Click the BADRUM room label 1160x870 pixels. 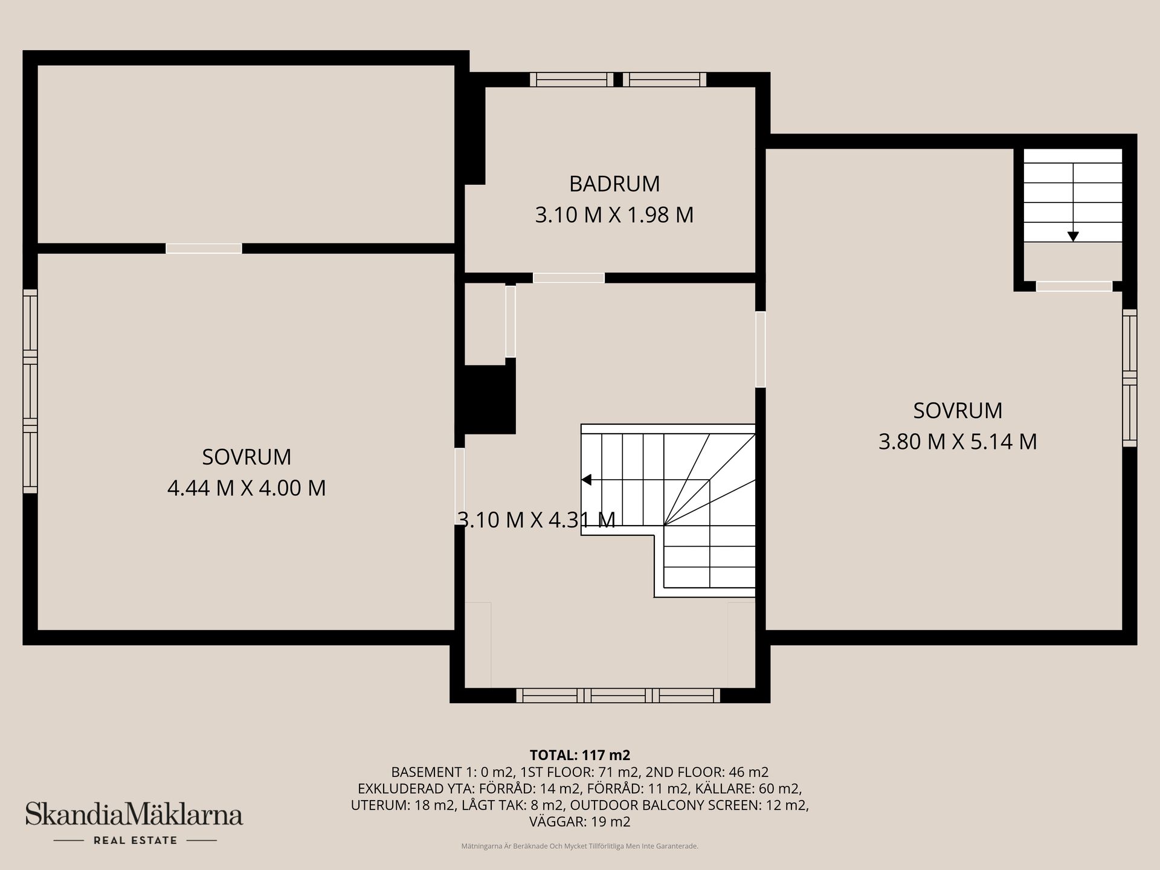pos(614,184)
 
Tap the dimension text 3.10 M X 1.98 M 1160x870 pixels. pos(614,215)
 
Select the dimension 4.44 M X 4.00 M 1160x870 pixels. pos(246,488)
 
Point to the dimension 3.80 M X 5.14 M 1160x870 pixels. pos(958,442)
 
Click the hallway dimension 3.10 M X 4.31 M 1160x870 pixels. pos(536,520)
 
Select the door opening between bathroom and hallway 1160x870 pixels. pos(569,278)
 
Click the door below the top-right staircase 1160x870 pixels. pos(1074,286)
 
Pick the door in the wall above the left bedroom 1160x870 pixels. pos(204,248)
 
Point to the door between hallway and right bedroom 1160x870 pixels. pos(761,349)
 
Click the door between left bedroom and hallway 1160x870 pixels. pos(460,486)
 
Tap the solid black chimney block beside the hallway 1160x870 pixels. pos(489,399)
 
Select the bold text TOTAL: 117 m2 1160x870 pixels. pos(580,755)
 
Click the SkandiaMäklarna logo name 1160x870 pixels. pos(134,814)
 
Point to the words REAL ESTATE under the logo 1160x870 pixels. pos(135,840)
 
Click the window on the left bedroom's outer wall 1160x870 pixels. pos(30,391)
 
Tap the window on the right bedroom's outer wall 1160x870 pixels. pos(1130,378)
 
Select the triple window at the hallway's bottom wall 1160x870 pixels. pos(618,695)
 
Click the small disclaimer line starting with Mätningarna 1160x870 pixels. pos(580,846)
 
